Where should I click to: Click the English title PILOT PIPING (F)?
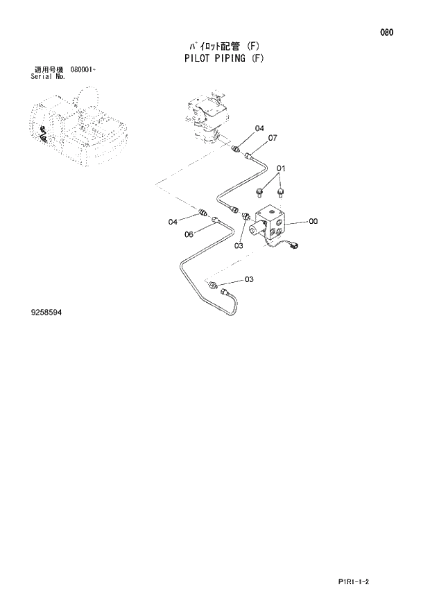[224, 58]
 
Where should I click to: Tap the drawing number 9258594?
[46, 313]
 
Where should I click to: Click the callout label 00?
[313, 222]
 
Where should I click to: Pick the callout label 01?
[281, 168]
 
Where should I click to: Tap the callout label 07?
[272, 138]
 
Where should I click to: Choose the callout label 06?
[189, 234]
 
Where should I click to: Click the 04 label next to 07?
[259, 128]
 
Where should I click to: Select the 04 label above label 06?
[173, 222]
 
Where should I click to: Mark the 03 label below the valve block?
[238, 245]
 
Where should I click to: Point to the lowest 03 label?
[248, 279]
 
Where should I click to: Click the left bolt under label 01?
[260, 191]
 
